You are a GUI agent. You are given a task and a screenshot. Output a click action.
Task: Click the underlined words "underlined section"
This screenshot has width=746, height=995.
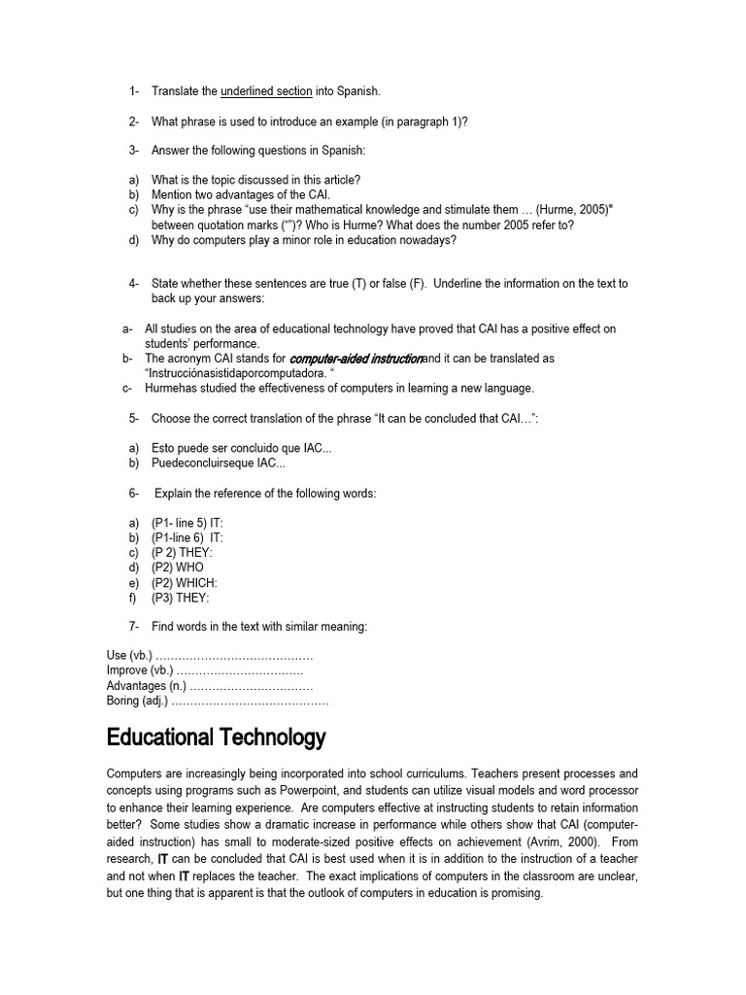tap(266, 91)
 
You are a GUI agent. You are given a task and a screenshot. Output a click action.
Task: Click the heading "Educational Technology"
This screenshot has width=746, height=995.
tap(216, 738)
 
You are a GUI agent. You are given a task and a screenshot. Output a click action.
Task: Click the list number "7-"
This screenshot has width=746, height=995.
tap(134, 627)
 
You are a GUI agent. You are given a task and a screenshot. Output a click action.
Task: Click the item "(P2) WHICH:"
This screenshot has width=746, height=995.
tap(184, 582)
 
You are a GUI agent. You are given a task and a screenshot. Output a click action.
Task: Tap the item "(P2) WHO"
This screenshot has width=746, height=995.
tap(178, 567)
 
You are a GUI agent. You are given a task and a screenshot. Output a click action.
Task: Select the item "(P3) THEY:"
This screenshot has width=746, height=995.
tap(180, 598)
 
